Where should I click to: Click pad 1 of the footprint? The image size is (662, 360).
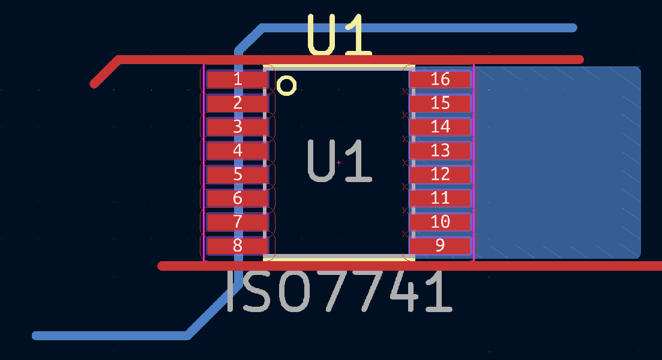click(x=237, y=79)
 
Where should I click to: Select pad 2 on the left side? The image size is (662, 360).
click(x=237, y=103)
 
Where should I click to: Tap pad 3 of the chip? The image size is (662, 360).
click(x=237, y=126)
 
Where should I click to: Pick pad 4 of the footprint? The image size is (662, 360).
click(x=237, y=150)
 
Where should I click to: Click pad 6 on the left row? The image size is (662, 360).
click(x=237, y=198)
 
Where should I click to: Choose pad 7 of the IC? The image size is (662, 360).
click(x=237, y=221)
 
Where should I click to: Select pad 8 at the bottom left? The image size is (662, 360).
click(x=237, y=246)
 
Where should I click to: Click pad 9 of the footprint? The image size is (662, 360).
click(x=440, y=246)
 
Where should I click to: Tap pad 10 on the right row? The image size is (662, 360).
click(x=440, y=221)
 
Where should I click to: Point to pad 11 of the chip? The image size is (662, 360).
click(x=440, y=198)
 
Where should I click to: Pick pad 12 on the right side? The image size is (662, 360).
click(x=440, y=174)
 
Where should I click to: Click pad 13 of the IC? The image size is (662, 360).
click(x=440, y=150)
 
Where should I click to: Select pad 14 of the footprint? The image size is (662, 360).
click(x=440, y=126)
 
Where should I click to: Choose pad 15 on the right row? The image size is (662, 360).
click(x=440, y=103)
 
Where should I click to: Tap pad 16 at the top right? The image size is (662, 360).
click(x=440, y=79)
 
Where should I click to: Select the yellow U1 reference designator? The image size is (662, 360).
click(x=340, y=35)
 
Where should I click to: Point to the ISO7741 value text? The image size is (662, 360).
click(x=340, y=292)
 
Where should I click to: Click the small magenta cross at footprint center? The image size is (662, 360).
click(x=339, y=162)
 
